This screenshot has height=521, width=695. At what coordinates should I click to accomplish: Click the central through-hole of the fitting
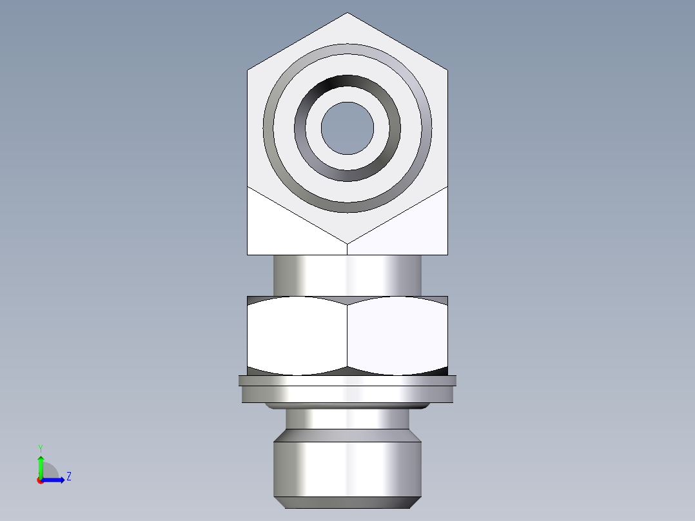pyautogui.click(x=347, y=128)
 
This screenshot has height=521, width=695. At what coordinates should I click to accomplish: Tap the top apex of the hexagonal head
pyautogui.click(x=347, y=14)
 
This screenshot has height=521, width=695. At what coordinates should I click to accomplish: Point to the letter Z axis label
pyautogui.click(x=68, y=477)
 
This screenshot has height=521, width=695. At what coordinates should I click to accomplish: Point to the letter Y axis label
pyautogui.click(x=41, y=447)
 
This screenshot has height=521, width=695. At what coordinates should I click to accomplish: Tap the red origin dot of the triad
pyautogui.click(x=40, y=480)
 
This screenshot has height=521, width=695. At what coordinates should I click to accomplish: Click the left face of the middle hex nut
pyautogui.click(x=297, y=335)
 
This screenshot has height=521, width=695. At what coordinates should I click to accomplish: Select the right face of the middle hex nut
pyautogui.click(x=398, y=335)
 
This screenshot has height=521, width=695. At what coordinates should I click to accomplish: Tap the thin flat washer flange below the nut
pyautogui.click(x=347, y=380)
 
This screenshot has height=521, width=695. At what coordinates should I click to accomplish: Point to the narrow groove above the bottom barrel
pyautogui.click(x=347, y=419)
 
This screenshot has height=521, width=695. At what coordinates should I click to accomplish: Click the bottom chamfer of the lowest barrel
pyautogui.click(x=347, y=502)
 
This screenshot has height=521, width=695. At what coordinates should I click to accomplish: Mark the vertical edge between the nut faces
pyautogui.click(x=347, y=335)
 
